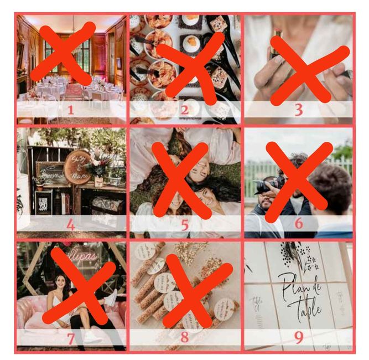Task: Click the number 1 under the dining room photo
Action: tap(70, 109)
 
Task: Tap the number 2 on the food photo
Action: tap(184, 109)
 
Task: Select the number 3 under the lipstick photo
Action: tap(298, 109)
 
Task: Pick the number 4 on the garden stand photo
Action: tap(70, 225)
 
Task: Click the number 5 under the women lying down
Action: tap(184, 225)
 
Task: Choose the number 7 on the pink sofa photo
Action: tap(70, 337)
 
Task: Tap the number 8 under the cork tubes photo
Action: tap(184, 337)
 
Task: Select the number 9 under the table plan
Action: tap(298, 337)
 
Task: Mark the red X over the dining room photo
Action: tap(63, 53)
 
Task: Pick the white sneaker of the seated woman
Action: tap(111, 299)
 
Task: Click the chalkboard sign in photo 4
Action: tap(51, 172)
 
